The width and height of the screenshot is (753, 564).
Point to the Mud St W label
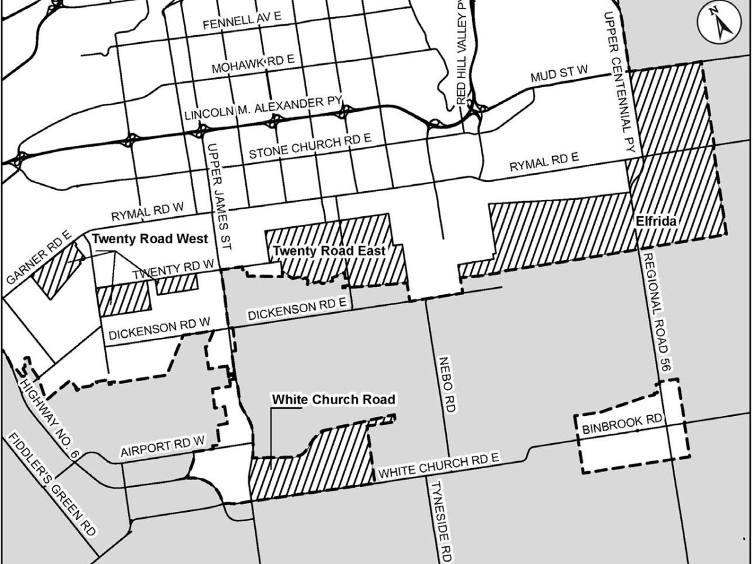point(558,75)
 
